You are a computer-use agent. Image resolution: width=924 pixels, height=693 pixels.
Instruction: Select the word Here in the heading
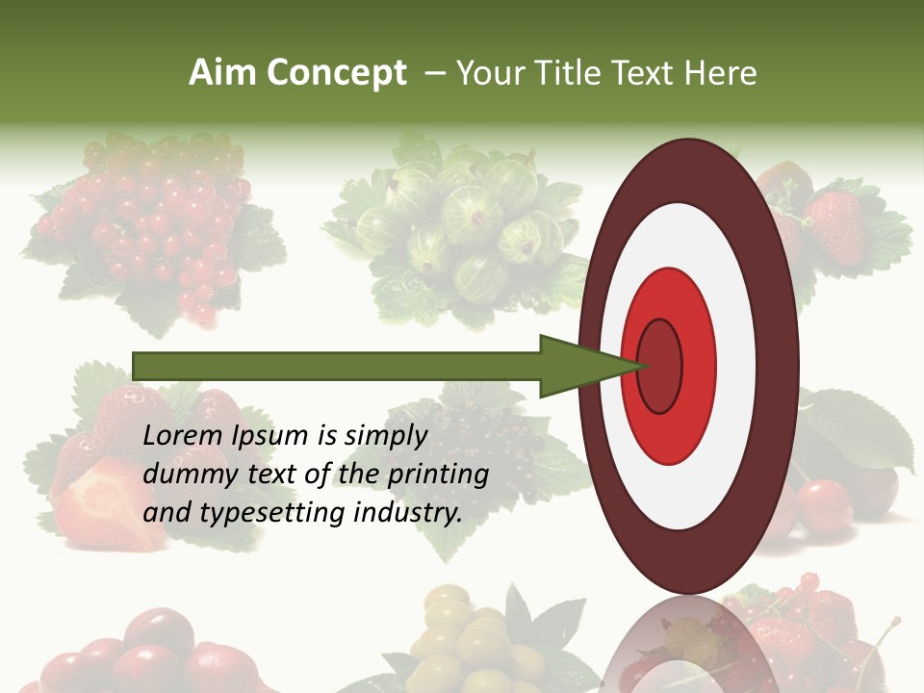pyautogui.click(x=720, y=73)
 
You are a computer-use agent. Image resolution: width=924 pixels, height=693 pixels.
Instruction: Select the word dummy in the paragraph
pyautogui.click(x=184, y=475)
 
